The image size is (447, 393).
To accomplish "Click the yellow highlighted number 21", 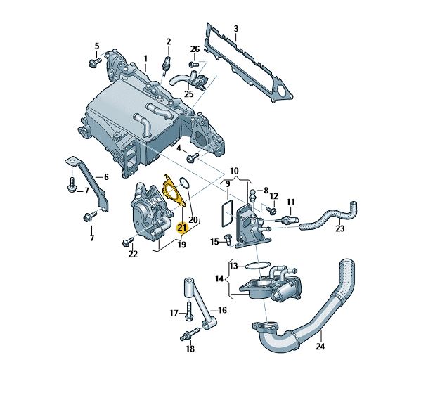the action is (182, 228).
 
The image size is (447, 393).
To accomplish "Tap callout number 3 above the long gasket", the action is (235, 29).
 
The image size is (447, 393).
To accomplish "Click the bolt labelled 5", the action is (95, 63).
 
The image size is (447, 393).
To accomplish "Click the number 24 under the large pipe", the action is (320, 347).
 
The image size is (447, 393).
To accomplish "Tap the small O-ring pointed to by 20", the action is (184, 183).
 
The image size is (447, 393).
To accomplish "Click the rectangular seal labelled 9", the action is (227, 213).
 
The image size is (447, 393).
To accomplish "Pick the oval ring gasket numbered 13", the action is (257, 266).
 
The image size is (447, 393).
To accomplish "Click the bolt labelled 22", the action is (128, 241).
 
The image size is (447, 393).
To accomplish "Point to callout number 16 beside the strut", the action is (222, 310).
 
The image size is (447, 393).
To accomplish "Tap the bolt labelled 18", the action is (190, 334).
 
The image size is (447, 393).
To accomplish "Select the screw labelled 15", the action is (228, 240).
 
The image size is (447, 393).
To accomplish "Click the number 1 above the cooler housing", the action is (145, 59).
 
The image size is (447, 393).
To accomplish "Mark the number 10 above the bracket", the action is (234, 172).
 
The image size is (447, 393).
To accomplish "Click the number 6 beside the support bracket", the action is (106, 177).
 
